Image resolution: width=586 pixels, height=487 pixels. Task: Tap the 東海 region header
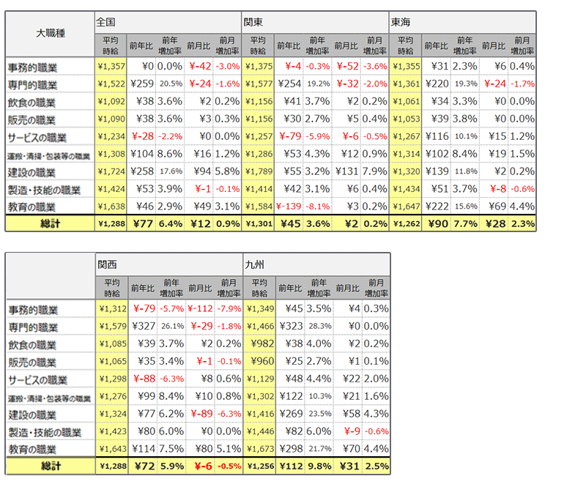pos(401,22)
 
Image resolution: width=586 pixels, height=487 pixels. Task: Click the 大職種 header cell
pos(50,34)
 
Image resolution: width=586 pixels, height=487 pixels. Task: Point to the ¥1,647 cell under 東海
pos(404,206)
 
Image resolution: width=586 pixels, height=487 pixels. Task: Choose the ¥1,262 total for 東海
pos(404,223)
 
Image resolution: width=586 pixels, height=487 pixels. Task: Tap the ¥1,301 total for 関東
pos(258,223)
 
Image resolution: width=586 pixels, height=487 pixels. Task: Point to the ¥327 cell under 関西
pos(142,326)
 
